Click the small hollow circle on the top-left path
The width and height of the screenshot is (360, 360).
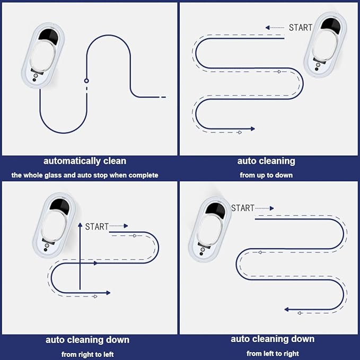tap(86, 81)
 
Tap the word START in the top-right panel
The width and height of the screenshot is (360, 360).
tap(301, 28)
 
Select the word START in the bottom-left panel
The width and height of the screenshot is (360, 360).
tap(96, 226)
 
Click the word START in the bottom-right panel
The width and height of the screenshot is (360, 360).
tap(242, 208)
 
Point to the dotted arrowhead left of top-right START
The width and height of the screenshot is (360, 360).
tap(267, 28)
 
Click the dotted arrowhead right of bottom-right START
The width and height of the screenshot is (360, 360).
tap(272, 208)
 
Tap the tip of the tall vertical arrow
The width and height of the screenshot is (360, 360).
tap(80, 223)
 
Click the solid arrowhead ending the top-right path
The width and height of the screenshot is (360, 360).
tap(253, 129)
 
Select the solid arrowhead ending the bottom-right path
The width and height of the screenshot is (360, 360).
tap(286, 310)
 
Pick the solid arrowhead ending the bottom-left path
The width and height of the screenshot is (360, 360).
tap(108, 293)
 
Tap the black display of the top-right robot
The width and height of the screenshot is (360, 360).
tap(330, 25)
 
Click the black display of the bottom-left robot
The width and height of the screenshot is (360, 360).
tap(60, 206)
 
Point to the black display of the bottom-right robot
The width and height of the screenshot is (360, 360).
tap(215, 210)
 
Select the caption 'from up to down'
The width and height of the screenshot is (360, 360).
tap(266, 175)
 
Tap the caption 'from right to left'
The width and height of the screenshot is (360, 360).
tap(87, 354)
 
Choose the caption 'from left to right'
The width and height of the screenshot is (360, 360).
tap(273, 353)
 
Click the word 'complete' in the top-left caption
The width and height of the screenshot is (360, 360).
tap(143, 175)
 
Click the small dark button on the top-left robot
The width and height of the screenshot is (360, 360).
tap(34, 80)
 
